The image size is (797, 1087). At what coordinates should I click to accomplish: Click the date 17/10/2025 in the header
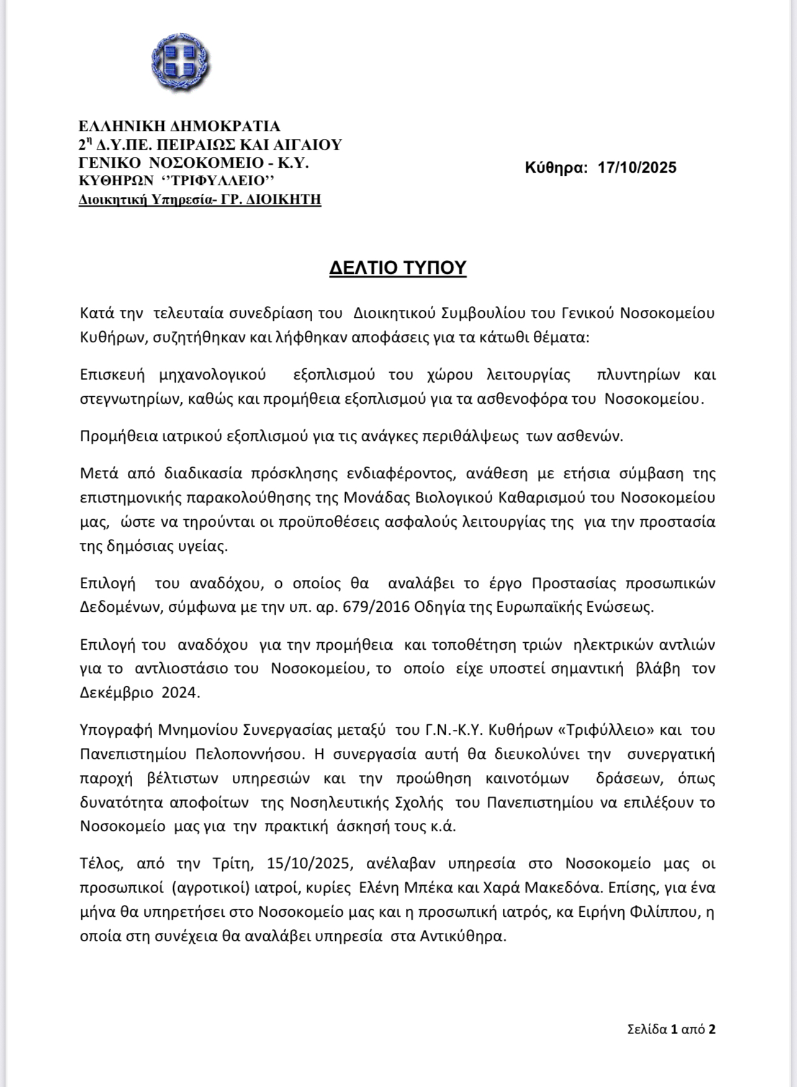click(x=637, y=168)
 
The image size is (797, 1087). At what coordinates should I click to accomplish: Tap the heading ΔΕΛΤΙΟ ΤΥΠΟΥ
click(x=397, y=268)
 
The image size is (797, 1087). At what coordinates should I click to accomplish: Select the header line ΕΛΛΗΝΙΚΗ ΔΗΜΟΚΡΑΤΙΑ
click(x=179, y=127)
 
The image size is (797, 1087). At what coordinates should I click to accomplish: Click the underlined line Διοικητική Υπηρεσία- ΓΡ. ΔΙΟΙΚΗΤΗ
click(x=200, y=200)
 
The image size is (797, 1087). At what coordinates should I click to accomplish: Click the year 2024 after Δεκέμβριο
click(x=181, y=693)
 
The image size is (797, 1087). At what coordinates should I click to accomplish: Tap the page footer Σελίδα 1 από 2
click(x=671, y=1029)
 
